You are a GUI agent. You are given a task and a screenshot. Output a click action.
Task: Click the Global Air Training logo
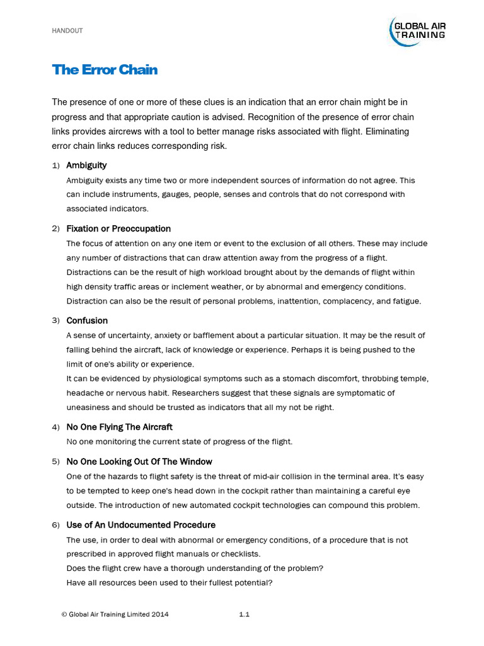pyautogui.click(x=418, y=31)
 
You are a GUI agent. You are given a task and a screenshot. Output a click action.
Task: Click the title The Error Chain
pyautogui.click(x=105, y=69)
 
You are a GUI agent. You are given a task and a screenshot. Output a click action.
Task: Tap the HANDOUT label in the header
pyautogui.click(x=67, y=31)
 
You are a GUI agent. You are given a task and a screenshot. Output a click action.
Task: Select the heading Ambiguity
pyautogui.click(x=86, y=165)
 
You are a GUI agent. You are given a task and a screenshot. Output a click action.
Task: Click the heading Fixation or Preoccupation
pyautogui.click(x=118, y=228)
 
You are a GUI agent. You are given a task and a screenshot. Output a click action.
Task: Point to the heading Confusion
pyautogui.click(x=87, y=320)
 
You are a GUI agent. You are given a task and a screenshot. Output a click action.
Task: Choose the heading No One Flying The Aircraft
pyautogui.click(x=119, y=427)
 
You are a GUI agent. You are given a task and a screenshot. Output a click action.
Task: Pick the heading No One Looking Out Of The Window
pyautogui.click(x=139, y=462)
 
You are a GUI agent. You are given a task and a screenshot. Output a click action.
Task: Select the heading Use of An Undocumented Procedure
pyautogui.click(x=141, y=525)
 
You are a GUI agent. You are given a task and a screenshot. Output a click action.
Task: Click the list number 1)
pyautogui.click(x=55, y=165)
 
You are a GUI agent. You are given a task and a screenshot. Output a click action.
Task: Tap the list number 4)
pyautogui.click(x=55, y=428)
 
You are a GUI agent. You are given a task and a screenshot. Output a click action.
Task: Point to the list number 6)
pyautogui.click(x=55, y=526)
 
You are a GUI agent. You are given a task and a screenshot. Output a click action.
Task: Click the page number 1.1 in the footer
pyautogui.click(x=245, y=614)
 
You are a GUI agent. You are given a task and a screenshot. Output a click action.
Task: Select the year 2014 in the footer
pyautogui.click(x=159, y=614)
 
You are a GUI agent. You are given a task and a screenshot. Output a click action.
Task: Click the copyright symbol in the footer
pyautogui.click(x=63, y=614)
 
